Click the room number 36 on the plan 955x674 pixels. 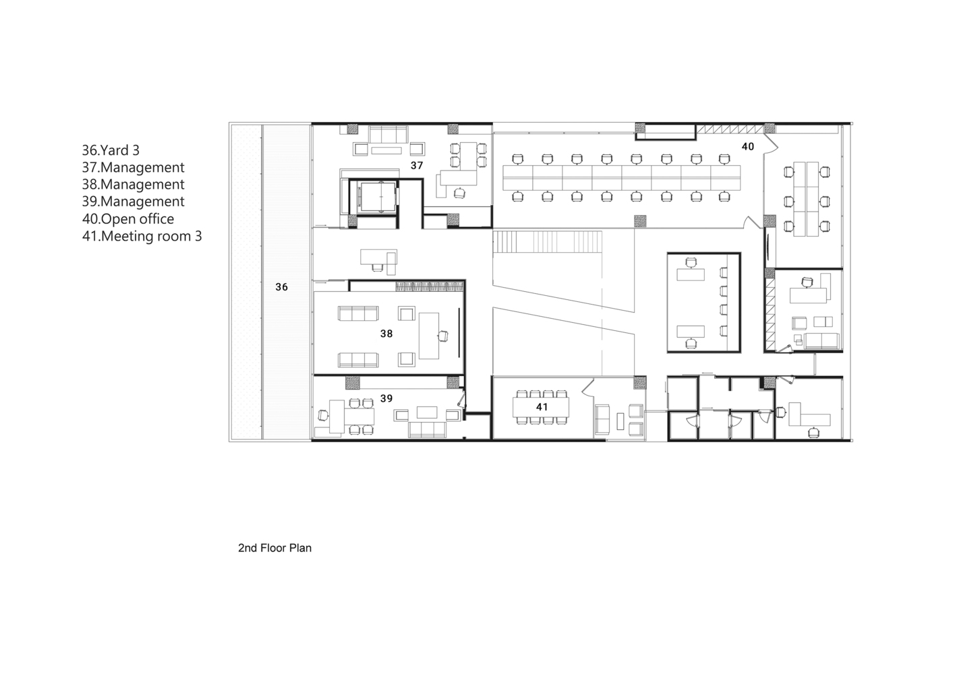pos(281,287)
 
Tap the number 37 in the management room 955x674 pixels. pos(417,165)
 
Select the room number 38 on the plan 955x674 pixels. pos(386,334)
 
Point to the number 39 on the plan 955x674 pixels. pos(386,398)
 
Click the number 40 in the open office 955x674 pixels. pos(748,146)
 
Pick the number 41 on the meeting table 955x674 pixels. pos(542,407)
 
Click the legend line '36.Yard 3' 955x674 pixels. pos(111,150)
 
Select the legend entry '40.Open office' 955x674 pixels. pos(128,219)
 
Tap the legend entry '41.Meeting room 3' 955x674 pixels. pos(142,236)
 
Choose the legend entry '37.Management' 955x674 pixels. pos(133,167)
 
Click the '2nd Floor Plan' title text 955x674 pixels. pos(274,548)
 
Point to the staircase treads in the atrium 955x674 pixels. pos(548,241)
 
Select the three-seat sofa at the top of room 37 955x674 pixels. pos(388,134)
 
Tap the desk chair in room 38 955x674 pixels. pos(443,336)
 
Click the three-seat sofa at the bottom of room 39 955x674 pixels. pos(427,429)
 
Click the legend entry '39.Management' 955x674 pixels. pos(133,202)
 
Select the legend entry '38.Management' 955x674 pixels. pos(133,185)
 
